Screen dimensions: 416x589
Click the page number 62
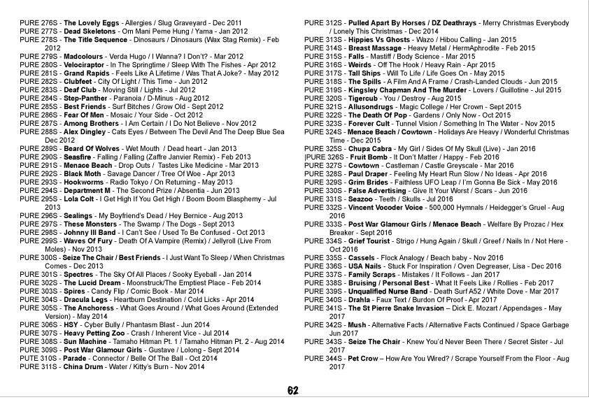(294, 391)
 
